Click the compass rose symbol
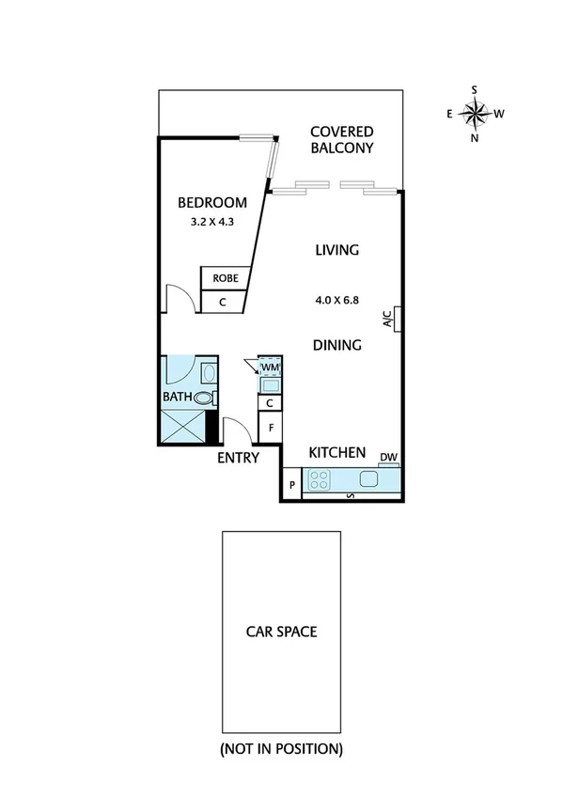click(x=475, y=114)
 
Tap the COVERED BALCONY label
click(x=342, y=140)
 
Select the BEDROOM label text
click(x=212, y=202)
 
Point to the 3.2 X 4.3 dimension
click(x=212, y=224)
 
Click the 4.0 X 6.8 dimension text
click(x=338, y=302)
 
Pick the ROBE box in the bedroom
click(x=224, y=278)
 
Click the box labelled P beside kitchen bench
click(x=292, y=485)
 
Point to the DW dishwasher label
click(x=388, y=459)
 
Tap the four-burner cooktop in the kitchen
click(x=320, y=479)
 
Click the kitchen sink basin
click(x=368, y=479)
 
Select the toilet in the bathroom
click(x=203, y=398)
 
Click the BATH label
click(x=178, y=398)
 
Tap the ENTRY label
click(x=238, y=458)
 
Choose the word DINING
click(x=336, y=345)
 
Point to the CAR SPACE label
click(x=281, y=632)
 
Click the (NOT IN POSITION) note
click(x=281, y=749)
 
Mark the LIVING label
click(x=337, y=250)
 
